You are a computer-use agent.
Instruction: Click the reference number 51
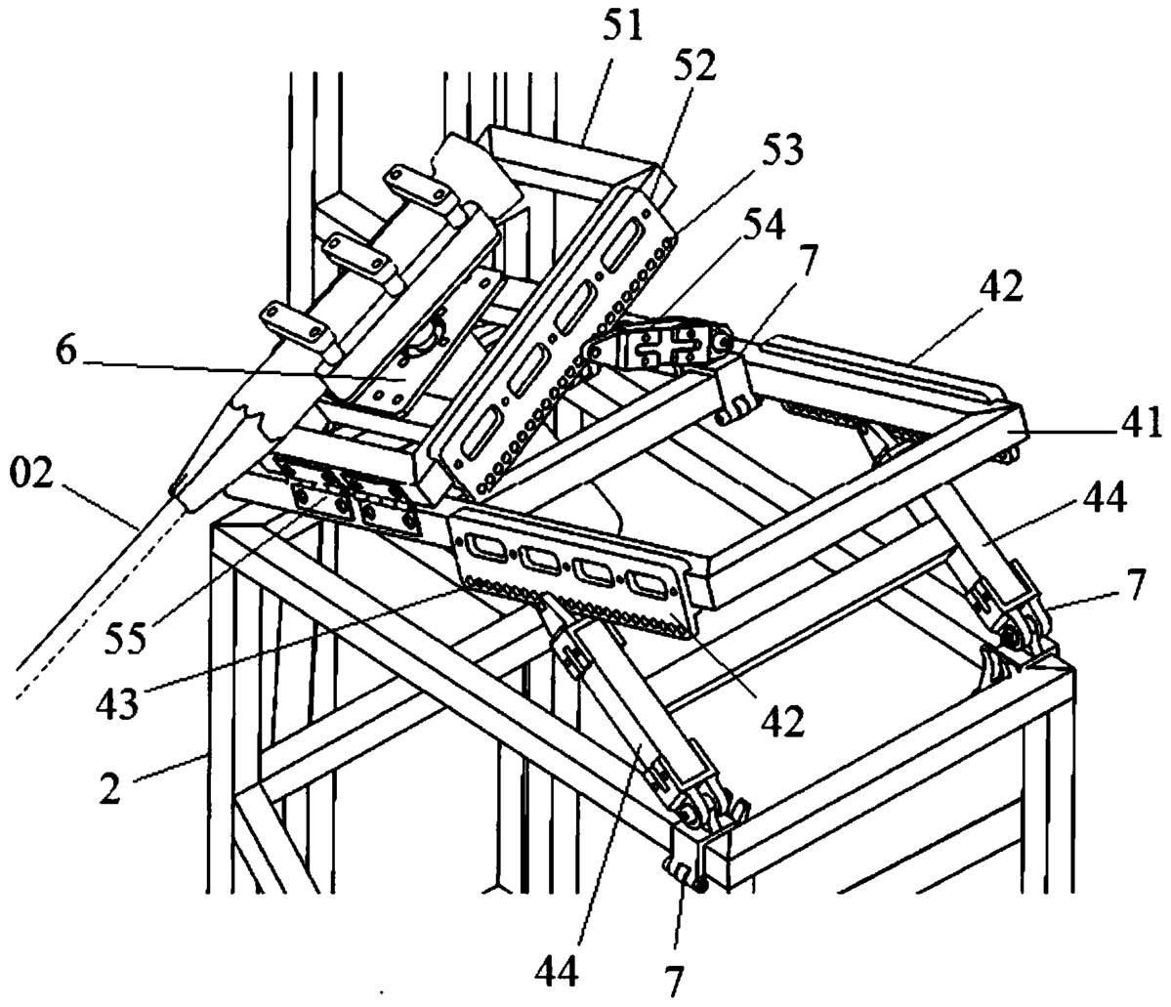point(623,27)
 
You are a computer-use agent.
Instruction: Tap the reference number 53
point(782,150)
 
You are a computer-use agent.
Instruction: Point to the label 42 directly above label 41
point(1001,286)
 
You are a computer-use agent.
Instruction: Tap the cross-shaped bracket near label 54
point(667,345)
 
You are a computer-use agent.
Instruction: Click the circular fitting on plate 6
point(421,340)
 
